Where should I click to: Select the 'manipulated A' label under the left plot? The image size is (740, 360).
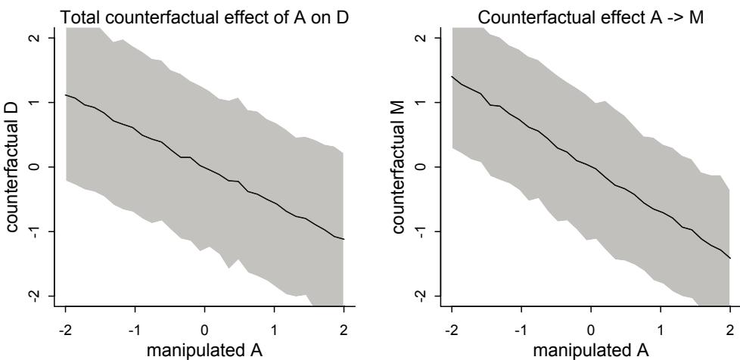[204, 350]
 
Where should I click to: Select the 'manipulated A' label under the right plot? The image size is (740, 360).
[592, 350]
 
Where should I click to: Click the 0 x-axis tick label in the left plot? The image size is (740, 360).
[204, 330]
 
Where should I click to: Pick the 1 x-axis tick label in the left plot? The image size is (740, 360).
[274, 330]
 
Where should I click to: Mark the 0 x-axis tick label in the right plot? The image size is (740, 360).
[592, 330]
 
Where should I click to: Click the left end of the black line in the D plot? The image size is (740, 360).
[67, 95]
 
